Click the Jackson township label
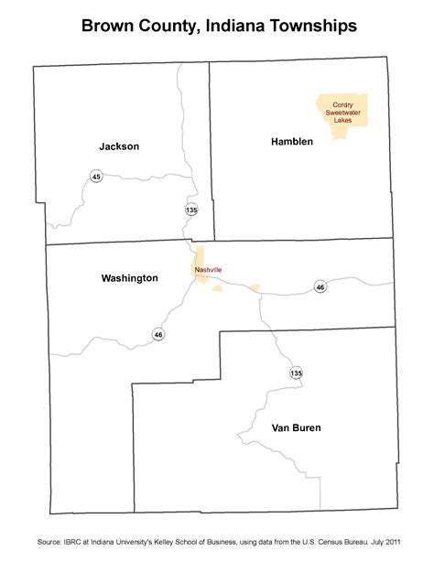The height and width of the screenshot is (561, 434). click(x=119, y=146)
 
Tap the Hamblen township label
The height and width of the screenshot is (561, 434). click(x=292, y=141)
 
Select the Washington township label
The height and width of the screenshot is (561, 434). click(x=129, y=278)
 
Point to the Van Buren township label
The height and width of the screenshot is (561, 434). click(x=296, y=427)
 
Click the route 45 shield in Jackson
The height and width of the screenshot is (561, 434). click(x=96, y=176)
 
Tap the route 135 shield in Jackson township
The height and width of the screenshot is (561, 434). click(x=191, y=210)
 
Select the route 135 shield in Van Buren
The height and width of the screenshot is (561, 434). click(x=296, y=373)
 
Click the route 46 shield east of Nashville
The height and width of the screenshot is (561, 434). click(x=320, y=287)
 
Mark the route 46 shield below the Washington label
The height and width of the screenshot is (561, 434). click(x=158, y=335)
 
